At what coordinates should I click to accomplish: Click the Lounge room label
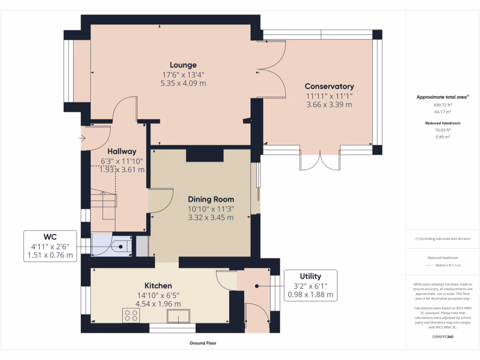click(x=183, y=65)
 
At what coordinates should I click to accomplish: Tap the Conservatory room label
click(x=329, y=86)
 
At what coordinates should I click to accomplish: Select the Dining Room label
click(x=211, y=199)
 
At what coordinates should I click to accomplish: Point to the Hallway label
click(x=122, y=151)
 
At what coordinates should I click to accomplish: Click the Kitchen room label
click(x=158, y=285)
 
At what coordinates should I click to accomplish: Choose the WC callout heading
click(x=50, y=236)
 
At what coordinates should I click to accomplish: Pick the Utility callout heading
click(x=310, y=276)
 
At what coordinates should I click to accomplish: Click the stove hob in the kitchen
click(x=130, y=315)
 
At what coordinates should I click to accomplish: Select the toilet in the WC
click(x=120, y=245)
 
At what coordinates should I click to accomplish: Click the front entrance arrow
click(x=82, y=138)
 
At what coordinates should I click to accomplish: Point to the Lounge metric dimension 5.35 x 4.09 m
click(x=183, y=83)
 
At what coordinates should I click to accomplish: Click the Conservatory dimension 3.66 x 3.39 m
click(x=329, y=105)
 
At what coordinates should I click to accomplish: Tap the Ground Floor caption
click(x=203, y=343)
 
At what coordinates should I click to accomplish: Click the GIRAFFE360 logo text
click(x=443, y=337)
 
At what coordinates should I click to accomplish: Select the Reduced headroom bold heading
click(x=442, y=123)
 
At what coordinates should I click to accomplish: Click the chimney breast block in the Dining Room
click(x=204, y=155)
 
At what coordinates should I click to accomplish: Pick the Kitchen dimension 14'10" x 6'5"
click(x=158, y=295)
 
